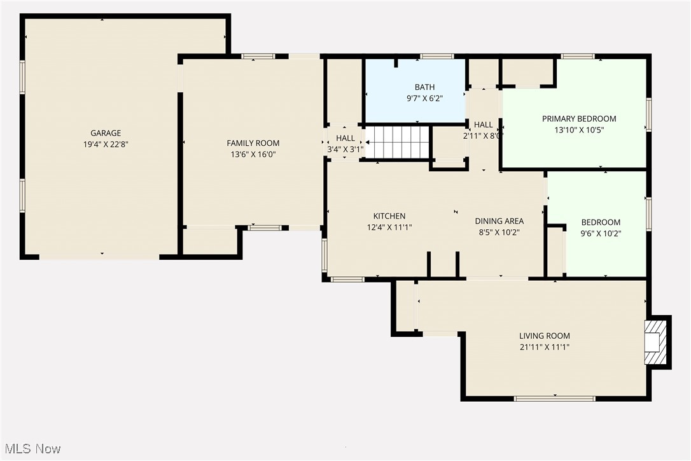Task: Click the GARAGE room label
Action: [106, 133]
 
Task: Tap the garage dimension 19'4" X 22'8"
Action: [106, 144]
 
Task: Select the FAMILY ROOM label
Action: [253, 143]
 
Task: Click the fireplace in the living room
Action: [655, 341]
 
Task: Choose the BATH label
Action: [425, 87]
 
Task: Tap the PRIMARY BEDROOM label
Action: [579, 118]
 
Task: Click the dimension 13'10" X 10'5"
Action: [579, 130]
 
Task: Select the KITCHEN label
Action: [389, 216]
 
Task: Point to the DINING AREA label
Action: [499, 221]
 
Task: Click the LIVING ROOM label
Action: [544, 336]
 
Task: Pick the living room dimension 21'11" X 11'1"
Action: [544, 347]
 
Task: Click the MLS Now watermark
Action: [32, 449]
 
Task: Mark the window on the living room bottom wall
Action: [554, 399]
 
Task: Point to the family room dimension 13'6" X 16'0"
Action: [253, 154]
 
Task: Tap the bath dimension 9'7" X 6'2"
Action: [425, 99]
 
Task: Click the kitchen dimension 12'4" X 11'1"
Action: [389, 227]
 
